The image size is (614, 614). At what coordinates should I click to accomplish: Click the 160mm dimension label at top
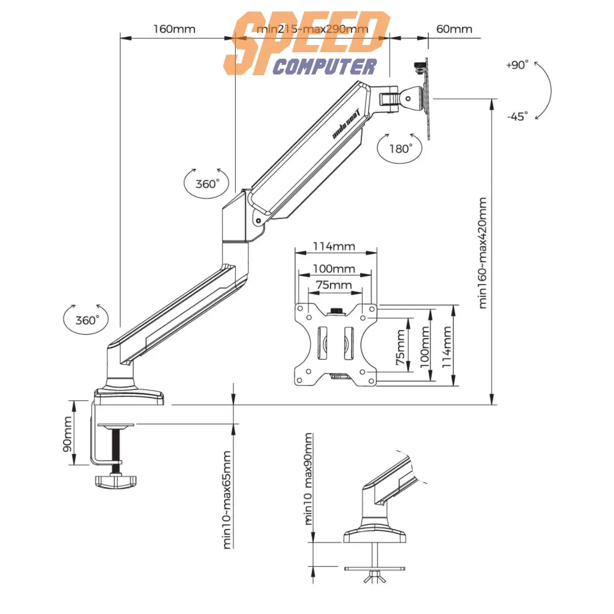174,29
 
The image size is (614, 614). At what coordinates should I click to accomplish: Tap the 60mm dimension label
454,29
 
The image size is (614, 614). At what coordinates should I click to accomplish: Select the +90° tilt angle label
517,65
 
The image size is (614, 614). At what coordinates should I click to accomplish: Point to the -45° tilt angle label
517,117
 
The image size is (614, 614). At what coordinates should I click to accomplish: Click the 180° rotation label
400,149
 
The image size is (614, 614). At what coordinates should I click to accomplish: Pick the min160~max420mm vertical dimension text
483,253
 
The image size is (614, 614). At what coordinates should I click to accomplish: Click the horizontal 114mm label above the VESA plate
334,247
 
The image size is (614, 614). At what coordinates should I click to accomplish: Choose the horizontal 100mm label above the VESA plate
334,269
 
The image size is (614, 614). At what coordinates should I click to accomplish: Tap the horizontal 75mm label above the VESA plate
334,285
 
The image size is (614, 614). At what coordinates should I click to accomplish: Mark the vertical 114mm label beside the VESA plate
447,347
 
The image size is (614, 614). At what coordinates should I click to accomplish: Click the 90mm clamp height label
68,434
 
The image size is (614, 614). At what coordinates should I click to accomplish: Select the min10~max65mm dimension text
227,499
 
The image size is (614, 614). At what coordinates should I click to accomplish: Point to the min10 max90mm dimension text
308,479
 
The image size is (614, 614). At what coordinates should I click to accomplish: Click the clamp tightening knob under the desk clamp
116,480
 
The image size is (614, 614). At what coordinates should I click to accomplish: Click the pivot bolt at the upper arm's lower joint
258,221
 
